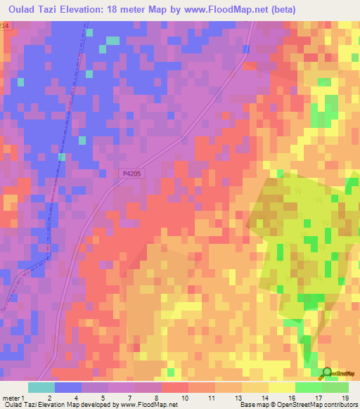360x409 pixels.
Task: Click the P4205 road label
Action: [x=131, y=174]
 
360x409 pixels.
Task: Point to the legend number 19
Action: [x=345, y=397]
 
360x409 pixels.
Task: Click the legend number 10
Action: [x=184, y=397]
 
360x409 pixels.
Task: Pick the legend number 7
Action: [x=130, y=397]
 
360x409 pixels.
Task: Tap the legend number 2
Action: [x=50, y=397]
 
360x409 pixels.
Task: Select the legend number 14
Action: [x=264, y=397]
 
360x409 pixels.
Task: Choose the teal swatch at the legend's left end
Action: [x=41, y=387]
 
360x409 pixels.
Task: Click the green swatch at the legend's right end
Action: [x=335, y=387]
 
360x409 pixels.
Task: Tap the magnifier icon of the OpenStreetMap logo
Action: [x=328, y=372]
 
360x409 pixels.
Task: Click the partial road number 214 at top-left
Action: [x=5, y=25]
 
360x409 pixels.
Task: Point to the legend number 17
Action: [x=318, y=397]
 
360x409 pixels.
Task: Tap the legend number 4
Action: [x=77, y=397]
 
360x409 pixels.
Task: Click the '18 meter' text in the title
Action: [x=128, y=10]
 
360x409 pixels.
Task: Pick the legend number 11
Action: [x=211, y=397]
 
